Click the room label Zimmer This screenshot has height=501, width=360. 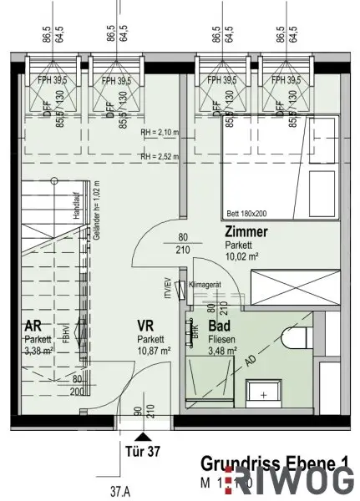click(x=247, y=233)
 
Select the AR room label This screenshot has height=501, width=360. click(x=35, y=327)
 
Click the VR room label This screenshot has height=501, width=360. click(x=148, y=327)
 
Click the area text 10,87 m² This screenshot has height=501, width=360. click(x=154, y=351)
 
